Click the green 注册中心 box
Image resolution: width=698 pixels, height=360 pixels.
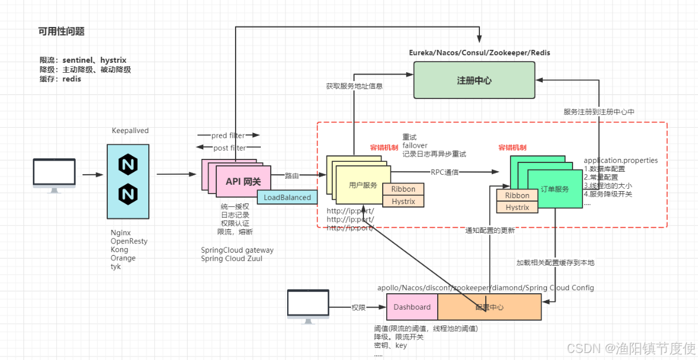(x=474, y=80)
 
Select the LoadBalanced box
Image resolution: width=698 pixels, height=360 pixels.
(x=287, y=198)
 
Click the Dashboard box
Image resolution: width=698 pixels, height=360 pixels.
(x=412, y=307)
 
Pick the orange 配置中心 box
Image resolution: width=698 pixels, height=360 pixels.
(x=489, y=307)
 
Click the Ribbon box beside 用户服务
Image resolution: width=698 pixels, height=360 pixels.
(x=403, y=189)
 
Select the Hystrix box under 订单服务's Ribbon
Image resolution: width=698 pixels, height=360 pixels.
(x=517, y=208)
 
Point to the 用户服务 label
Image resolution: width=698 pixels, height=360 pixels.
(x=363, y=185)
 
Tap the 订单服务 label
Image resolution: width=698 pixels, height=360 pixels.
(x=554, y=189)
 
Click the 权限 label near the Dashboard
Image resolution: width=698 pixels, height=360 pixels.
(x=359, y=307)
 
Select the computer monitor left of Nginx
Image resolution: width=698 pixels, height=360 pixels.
(x=54, y=174)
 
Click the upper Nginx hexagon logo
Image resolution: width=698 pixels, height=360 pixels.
(x=128, y=165)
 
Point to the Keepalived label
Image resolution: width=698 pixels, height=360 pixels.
(x=130, y=131)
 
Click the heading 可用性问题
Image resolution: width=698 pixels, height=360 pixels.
(x=62, y=32)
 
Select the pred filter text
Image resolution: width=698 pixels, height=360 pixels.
(x=229, y=136)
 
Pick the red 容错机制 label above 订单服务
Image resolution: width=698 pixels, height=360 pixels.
(x=512, y=148)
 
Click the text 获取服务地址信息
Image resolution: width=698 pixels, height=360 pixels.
(x=355, y=86)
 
